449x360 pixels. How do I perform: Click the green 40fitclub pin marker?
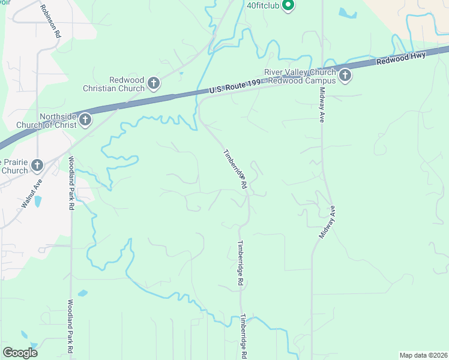pyautogui.click(x=288, y=5)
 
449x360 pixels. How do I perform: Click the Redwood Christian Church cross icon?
pyautogui.click(x=153, y=83)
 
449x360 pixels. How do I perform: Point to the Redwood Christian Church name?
pyautogui.click(x=127, y=84)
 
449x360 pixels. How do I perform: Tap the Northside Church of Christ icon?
pyautogui.click(x=85, y=119)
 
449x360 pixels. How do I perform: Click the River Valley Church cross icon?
pyautogui.click(x=345, y=75)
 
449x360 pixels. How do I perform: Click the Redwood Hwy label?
pyautogui.click(x=400, y=58)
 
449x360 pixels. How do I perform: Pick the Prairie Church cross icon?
pyautogui.click(x=37, y=165)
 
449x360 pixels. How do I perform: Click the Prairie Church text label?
pyautogui.click(x=13, y=166)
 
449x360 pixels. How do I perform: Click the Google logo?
pyautogui.click(x=20, y=352)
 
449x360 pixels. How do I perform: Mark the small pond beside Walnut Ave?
pyautogui.click(x=38, y=201)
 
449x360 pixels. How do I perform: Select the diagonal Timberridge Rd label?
pyautogui.click(x=235, y=170)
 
